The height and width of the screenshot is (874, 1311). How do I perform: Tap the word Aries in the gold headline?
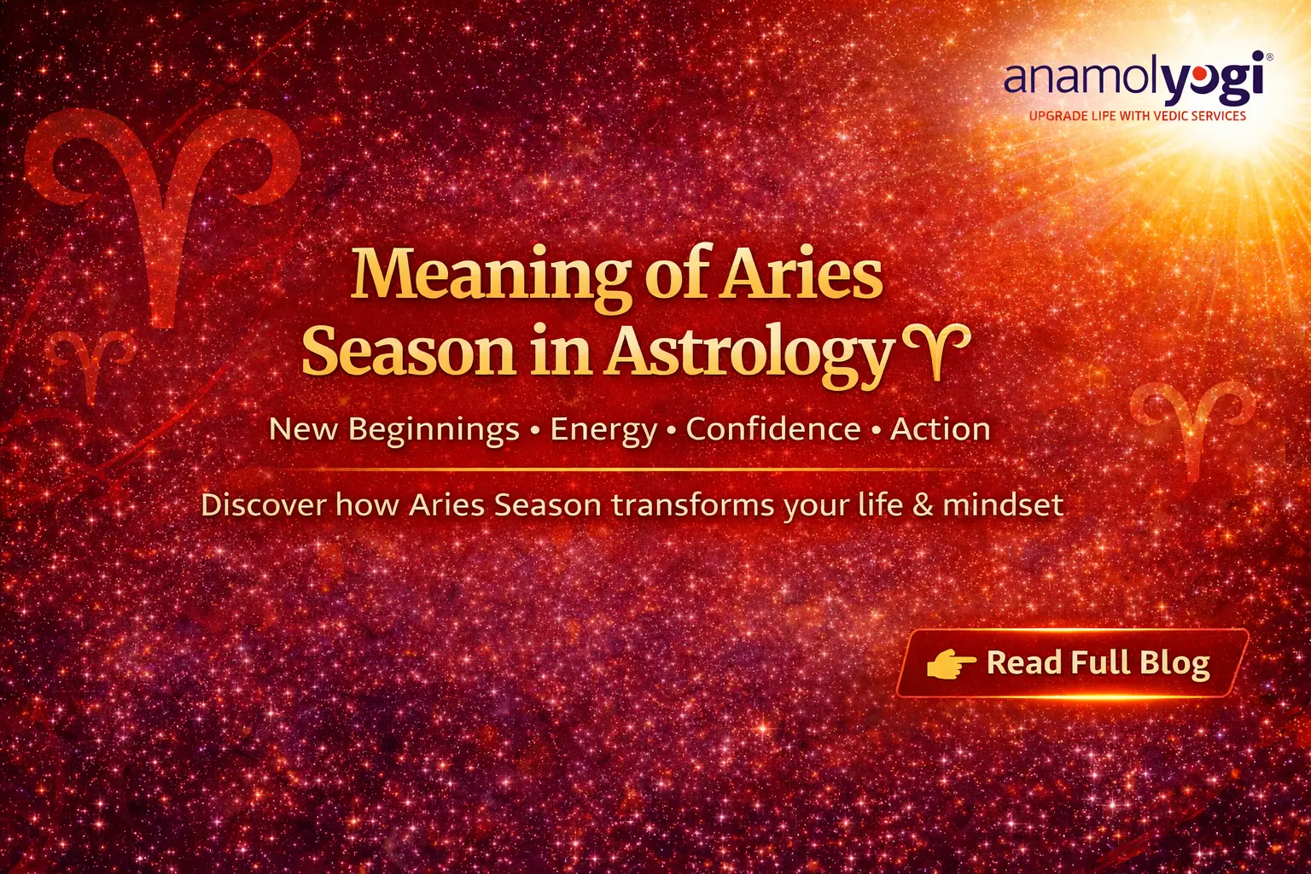click(x=802, y=275)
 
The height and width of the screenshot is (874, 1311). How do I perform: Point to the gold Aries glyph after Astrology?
click(x=935, y=349)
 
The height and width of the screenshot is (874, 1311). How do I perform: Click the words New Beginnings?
click(x=393, y=429)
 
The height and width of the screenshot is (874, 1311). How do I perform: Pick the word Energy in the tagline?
click(x=603, y=429)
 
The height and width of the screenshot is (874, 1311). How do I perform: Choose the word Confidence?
click(x=772, y=429)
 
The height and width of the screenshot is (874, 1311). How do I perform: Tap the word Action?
click(x=940, y=429)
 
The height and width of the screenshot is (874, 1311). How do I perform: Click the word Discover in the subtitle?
click(x=263, y=505)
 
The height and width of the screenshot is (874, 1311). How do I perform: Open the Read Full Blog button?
click(x=1072, y=664)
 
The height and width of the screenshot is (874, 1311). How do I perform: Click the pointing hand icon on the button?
click(x=950, y=663)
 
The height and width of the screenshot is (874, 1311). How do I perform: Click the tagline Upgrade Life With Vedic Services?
click(x=1137, y=116)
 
